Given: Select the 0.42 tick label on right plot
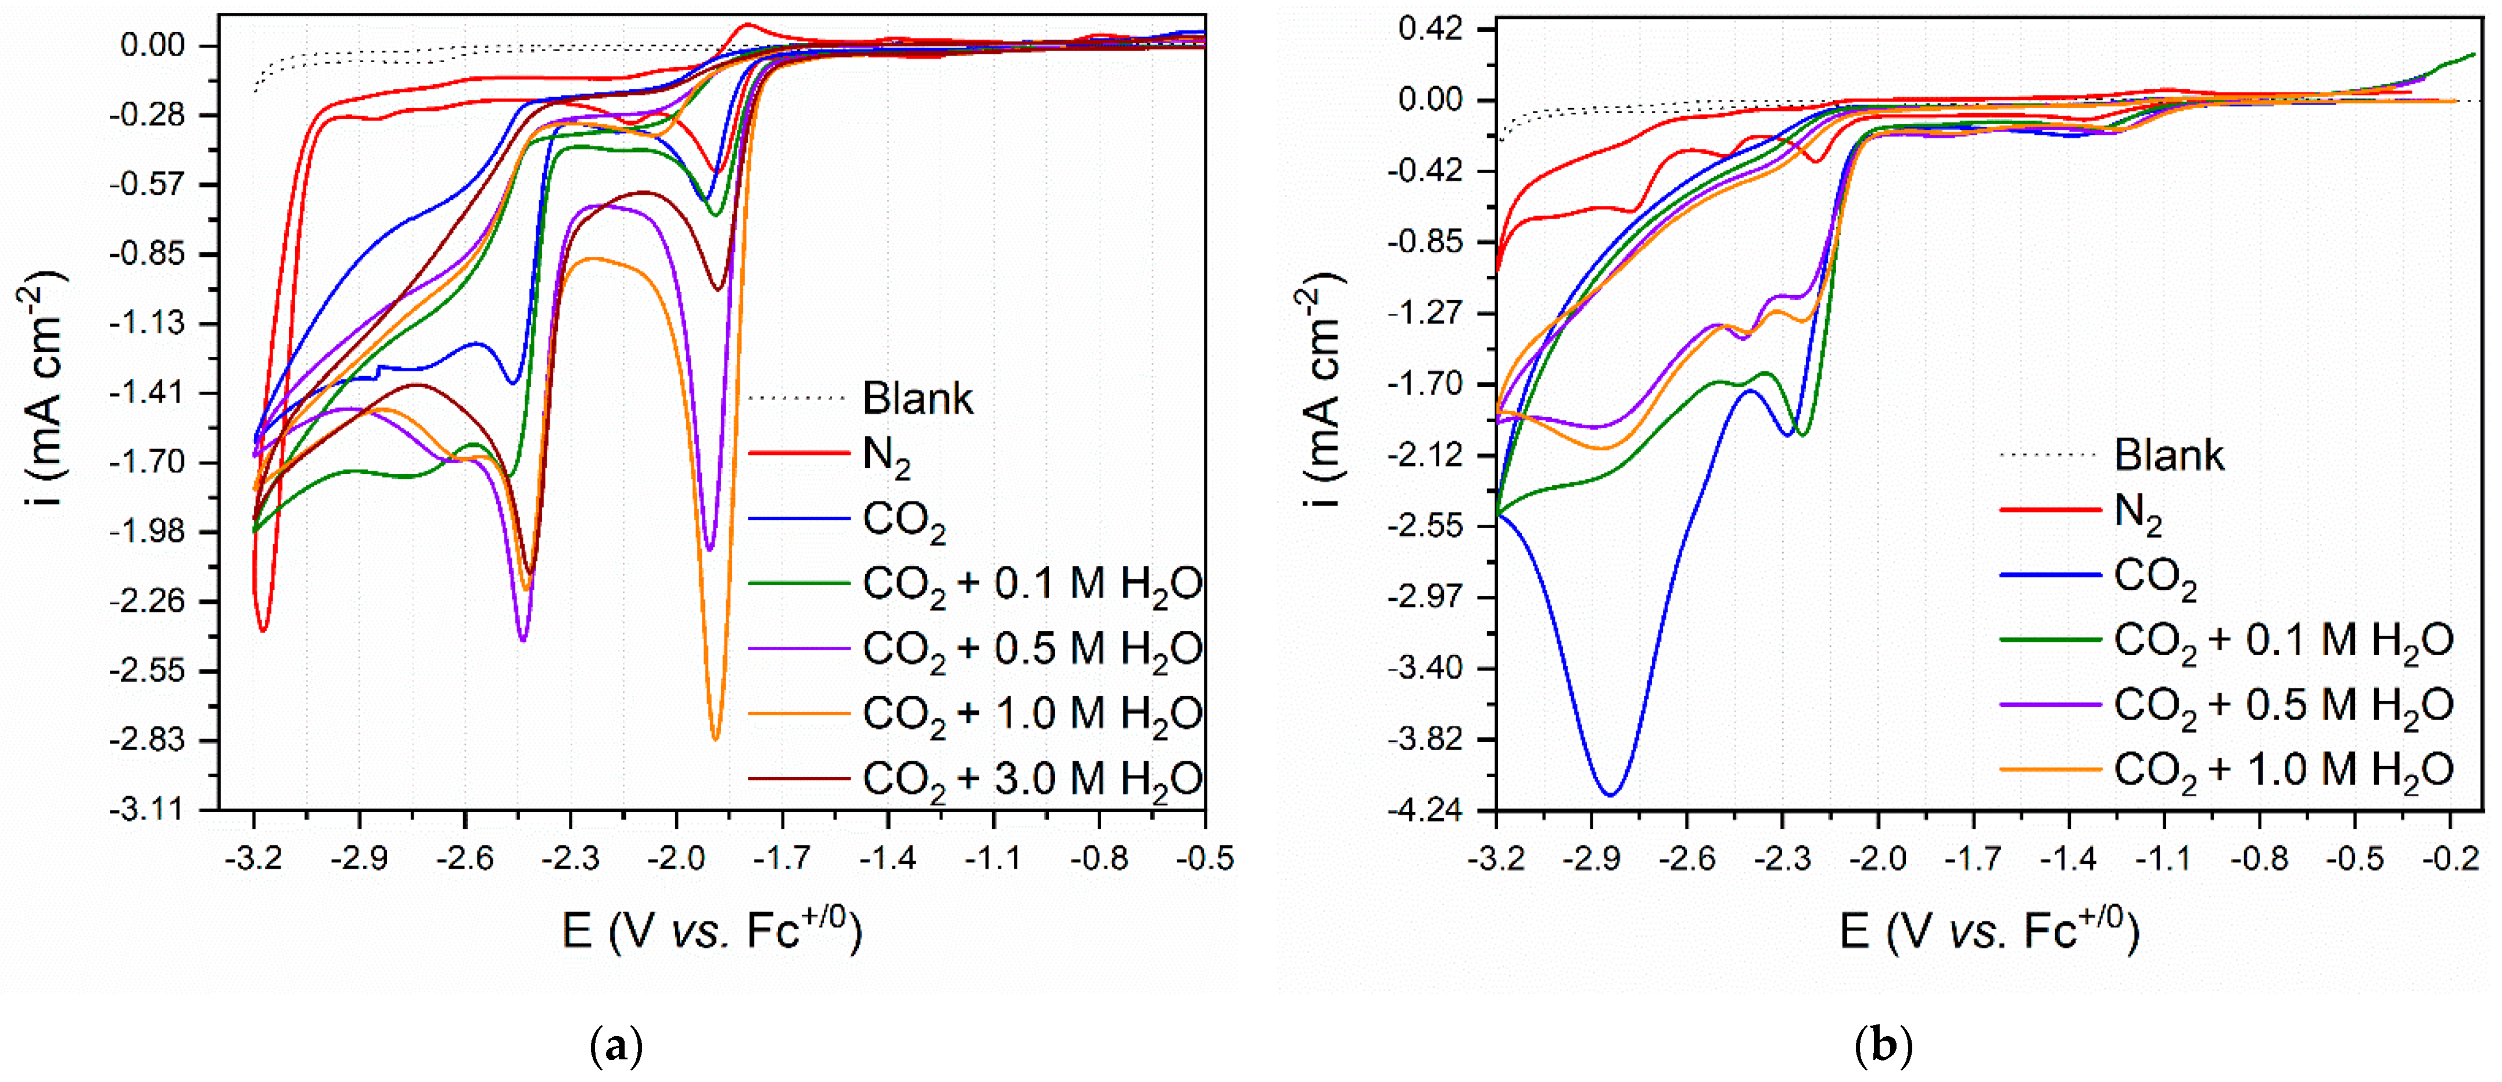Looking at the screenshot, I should (1430, 29).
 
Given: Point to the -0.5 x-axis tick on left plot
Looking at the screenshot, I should (1205, 858).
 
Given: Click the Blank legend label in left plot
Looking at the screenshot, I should (917, 398).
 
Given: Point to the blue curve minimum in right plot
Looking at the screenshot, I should (1610, 794).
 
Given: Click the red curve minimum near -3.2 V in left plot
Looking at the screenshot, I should (262, 630).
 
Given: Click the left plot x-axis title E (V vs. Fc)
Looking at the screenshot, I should (712, 930).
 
